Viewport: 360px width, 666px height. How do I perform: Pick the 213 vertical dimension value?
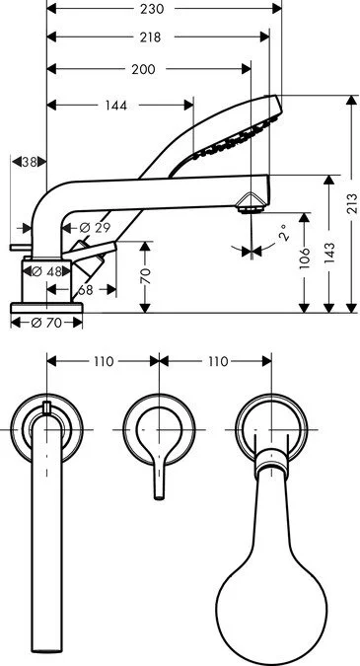point(352,203)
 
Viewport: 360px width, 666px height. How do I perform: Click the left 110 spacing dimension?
point(104,362)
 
